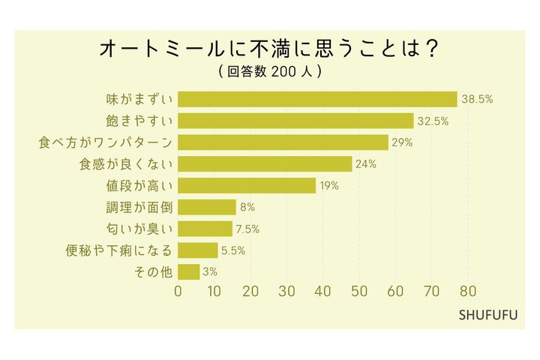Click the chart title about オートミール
pos(269,49)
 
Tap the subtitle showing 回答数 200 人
pos(269,73)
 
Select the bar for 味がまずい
pos(317,99)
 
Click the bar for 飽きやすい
pos(295,121)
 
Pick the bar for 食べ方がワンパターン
pos(283,142)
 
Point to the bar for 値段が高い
pos(247,185)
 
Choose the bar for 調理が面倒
pos(207,207)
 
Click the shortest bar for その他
pos(189,271)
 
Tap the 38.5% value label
pos(477,99)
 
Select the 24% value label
pos(366,164)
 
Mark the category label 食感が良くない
pos(126,164)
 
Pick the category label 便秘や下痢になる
pos(118,250)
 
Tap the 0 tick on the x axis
pos(178,292)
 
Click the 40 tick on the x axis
pos(323,292)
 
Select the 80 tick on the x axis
pos(468,292)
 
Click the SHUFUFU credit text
pos(487,315)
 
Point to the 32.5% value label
pos(433,121)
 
